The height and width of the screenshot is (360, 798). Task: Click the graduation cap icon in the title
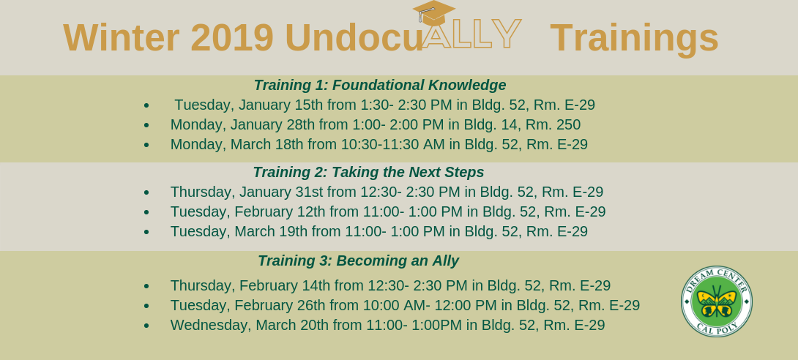point(434,13)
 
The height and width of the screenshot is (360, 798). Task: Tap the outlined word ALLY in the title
point(472,34)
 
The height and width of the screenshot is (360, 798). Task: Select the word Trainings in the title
point(634,38)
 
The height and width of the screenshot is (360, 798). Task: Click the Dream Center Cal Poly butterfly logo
point(716,301)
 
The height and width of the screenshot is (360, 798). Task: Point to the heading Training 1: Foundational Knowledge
point(379,85)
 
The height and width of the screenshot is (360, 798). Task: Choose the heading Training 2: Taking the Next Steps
point(368,172)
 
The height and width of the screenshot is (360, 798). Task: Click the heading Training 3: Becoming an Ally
point(358,260)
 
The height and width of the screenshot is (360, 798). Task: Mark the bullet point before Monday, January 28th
point(146,125)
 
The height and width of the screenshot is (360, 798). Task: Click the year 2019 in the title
point(231,38)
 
